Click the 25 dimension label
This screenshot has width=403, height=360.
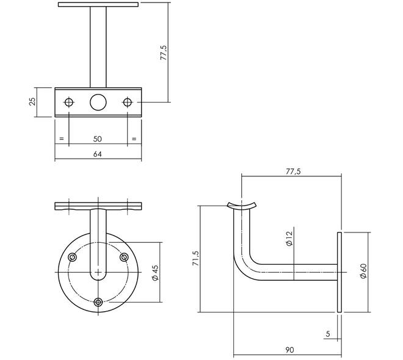[32, 102]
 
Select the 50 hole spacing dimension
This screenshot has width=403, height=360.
[98, 139]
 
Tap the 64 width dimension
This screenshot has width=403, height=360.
[98, 154]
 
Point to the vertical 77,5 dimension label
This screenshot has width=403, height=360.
[164, 52]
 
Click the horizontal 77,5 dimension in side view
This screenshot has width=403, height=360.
[293, 171]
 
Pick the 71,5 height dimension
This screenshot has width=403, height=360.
[195, 258]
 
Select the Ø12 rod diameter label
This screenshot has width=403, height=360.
[289, 239]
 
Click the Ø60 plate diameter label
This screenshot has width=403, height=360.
[363, 271]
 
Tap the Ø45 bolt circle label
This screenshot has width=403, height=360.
[156, 273]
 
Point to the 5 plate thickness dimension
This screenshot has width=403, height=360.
[328, 334]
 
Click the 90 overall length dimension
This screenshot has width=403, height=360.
[289, 350]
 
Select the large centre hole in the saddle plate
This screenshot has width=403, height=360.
[98, 102]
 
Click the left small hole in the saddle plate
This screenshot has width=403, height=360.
[69, 102]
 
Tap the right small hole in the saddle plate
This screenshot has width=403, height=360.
[127, 102]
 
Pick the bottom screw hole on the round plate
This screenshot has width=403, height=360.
[98, 302]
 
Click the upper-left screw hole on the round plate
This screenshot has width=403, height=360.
[72, 257]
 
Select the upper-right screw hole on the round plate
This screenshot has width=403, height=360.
[124, 257]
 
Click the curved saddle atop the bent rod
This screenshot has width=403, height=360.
[242, 207]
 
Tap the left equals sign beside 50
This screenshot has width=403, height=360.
[62, 139]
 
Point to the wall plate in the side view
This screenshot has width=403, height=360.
[339, 272]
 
